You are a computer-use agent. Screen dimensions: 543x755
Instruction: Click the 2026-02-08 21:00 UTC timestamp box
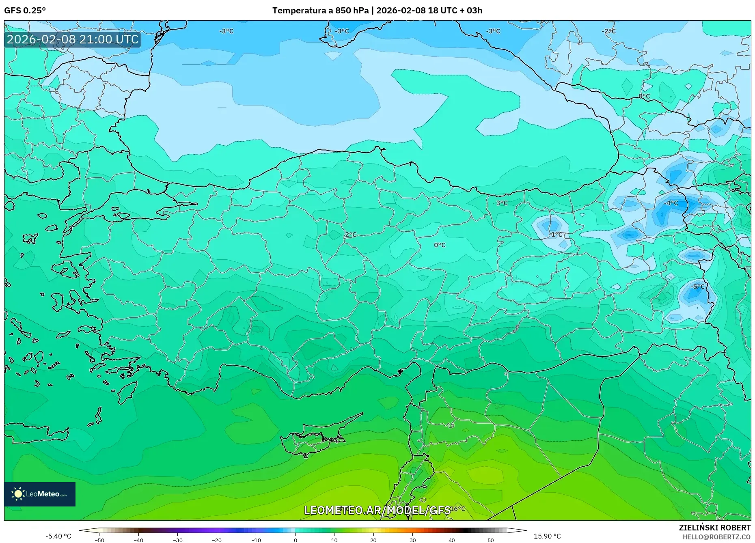tap(73, 39)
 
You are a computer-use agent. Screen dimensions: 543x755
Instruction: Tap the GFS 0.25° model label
tap(25, 11)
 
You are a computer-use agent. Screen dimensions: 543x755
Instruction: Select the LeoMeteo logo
tap(40, 494)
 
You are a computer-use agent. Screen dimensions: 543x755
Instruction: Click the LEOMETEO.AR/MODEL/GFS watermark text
tap(377, 510)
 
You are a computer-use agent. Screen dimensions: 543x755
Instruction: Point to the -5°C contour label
tap(698, 287)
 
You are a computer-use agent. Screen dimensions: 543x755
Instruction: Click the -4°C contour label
tap(671, 203)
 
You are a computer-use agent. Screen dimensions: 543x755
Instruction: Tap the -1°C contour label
tap(555, 235)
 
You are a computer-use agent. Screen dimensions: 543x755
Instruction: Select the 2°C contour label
tap(351, 235)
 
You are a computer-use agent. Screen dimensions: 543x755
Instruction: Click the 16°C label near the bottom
tap(458, 509)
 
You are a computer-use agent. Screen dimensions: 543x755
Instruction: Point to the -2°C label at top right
tap(608, 31)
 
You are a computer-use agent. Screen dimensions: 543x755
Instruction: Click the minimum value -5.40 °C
tap(58, 536)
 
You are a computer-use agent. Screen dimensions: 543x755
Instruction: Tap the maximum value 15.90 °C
tap(547, 536)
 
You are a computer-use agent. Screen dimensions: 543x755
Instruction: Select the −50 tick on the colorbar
tap(99, 540)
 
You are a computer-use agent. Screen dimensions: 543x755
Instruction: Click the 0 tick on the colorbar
tap(295, 540)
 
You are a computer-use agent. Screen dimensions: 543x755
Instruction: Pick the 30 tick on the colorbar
tap(412, 540)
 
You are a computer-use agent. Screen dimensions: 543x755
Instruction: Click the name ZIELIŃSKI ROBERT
tap(714, 528)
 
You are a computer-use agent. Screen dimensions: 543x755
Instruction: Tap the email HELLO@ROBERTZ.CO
tap(716, 537)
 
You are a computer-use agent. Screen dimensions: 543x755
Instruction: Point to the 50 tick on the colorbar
tap(491, 540)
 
